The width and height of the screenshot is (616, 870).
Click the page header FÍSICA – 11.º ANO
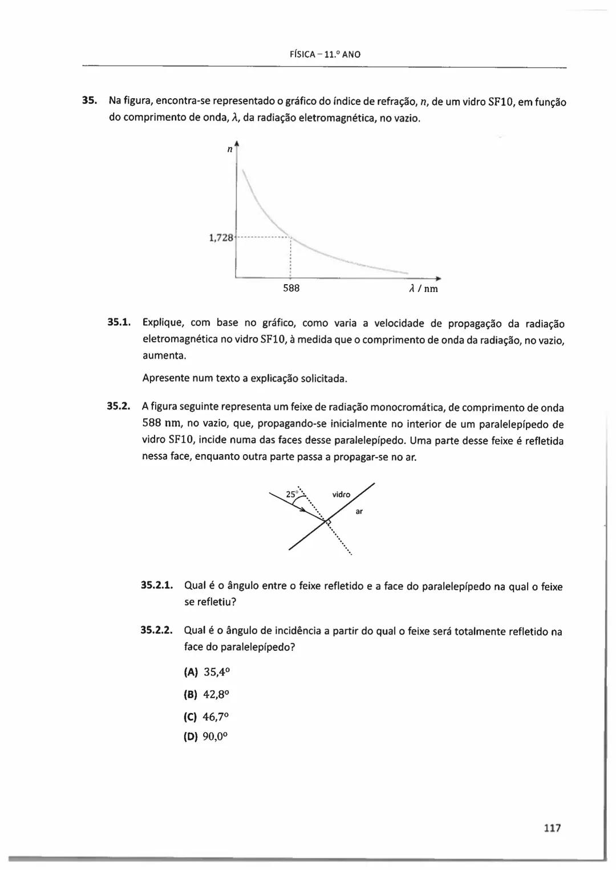pos(325,55)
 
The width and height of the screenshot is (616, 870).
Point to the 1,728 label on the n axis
pos(221,237)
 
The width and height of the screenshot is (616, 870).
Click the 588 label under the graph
pos(291,288)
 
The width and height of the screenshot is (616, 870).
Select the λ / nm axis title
pos(424,289)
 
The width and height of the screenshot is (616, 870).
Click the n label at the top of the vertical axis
pos(229,149)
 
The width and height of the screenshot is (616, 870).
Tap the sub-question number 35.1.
pos(120,323)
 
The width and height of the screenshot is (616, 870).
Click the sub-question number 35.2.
pos(120,407)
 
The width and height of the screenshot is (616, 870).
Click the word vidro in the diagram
pos(341,495)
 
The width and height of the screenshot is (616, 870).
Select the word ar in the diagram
pos(359,512)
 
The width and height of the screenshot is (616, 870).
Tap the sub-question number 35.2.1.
pos(156,586)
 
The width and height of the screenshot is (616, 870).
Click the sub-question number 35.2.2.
pos(156,631)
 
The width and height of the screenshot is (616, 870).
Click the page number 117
pos(552,828)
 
